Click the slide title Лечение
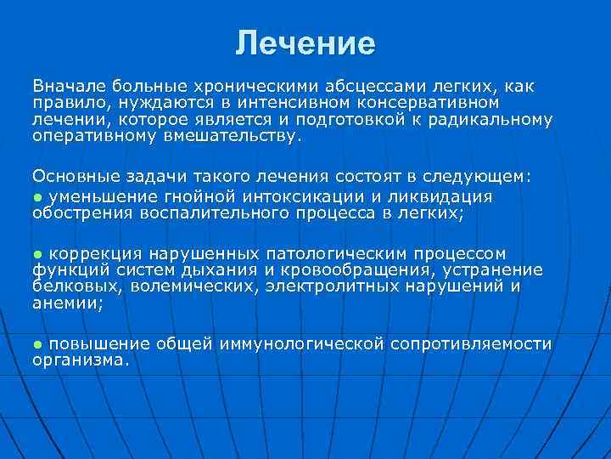tap(305, 42)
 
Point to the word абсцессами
tap(372, 86)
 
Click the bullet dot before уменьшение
tap(37, 195)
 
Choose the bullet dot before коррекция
tap(37, 253)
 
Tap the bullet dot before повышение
tap(37, 343)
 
